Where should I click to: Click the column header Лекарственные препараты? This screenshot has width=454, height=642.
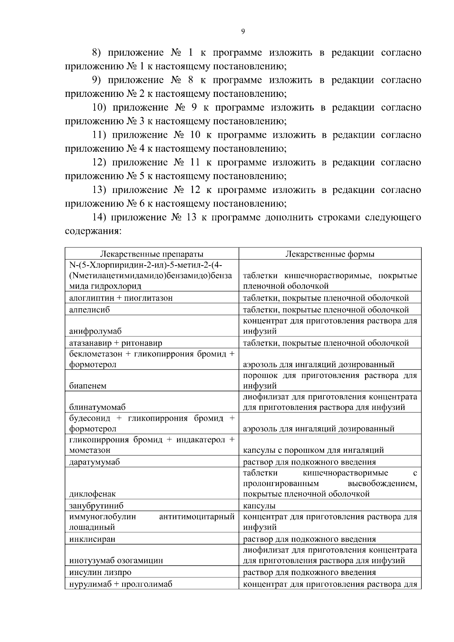point(151,254)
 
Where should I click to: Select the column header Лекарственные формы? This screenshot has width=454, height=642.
point(330,254)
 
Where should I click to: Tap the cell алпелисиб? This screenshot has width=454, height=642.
point(90,310)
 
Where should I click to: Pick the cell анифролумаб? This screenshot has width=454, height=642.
point(95,331)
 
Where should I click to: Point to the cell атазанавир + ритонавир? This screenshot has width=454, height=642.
point(115,343)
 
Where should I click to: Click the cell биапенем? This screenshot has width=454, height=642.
point(88,386)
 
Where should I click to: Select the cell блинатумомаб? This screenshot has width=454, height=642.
point(97,407)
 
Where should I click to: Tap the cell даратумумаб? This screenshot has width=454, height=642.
point(95,462)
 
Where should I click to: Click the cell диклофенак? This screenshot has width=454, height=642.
point(92,494)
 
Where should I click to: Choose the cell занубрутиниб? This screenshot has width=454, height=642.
point(96,506)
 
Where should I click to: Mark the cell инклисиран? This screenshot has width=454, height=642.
point(92,539)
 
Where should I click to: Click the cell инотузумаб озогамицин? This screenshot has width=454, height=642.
point(116,561)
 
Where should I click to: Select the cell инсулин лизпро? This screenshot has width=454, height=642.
point(100,572)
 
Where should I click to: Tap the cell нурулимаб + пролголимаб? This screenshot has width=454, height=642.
point(120,584)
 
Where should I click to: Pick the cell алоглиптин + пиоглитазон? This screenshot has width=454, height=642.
point(121,298)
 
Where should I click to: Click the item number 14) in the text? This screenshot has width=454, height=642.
point(100,218)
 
